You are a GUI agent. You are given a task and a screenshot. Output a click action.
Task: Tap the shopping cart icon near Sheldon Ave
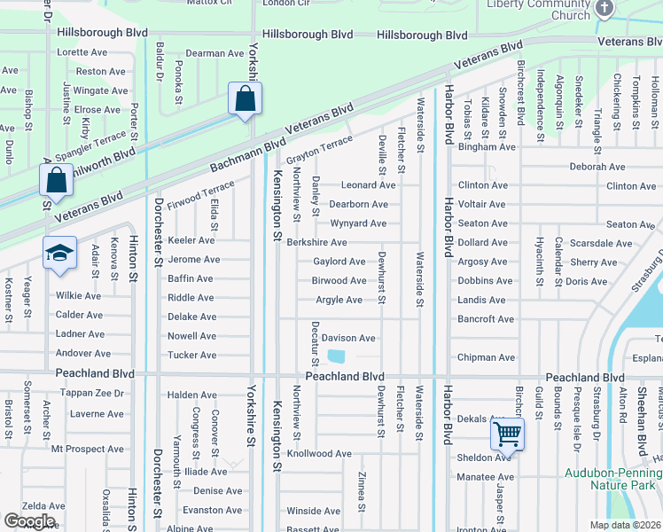(x=507, y=434)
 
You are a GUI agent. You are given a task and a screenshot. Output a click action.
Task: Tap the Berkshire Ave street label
(x=316, y=242)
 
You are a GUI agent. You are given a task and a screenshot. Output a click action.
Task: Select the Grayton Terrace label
(x=318, y=145)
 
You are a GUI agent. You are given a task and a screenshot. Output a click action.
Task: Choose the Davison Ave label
(x=348, y=338)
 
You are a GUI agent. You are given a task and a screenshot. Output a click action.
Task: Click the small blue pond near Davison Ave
(x=337, y=356)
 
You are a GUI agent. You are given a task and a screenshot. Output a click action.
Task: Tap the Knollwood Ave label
(x=320, y=453)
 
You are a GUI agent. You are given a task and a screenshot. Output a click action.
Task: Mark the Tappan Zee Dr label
(x=89, y=395)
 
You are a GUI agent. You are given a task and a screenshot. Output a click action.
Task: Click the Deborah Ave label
(x=598, y=167)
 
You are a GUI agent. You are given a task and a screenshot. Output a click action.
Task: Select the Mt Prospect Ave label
(x=88, y=449)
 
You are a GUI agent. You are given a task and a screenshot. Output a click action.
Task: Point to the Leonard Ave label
(x=368, y=185)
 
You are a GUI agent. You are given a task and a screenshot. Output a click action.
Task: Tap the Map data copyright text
(x=625, y=525)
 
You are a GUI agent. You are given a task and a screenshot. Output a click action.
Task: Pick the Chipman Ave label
(x=486, y=357)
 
